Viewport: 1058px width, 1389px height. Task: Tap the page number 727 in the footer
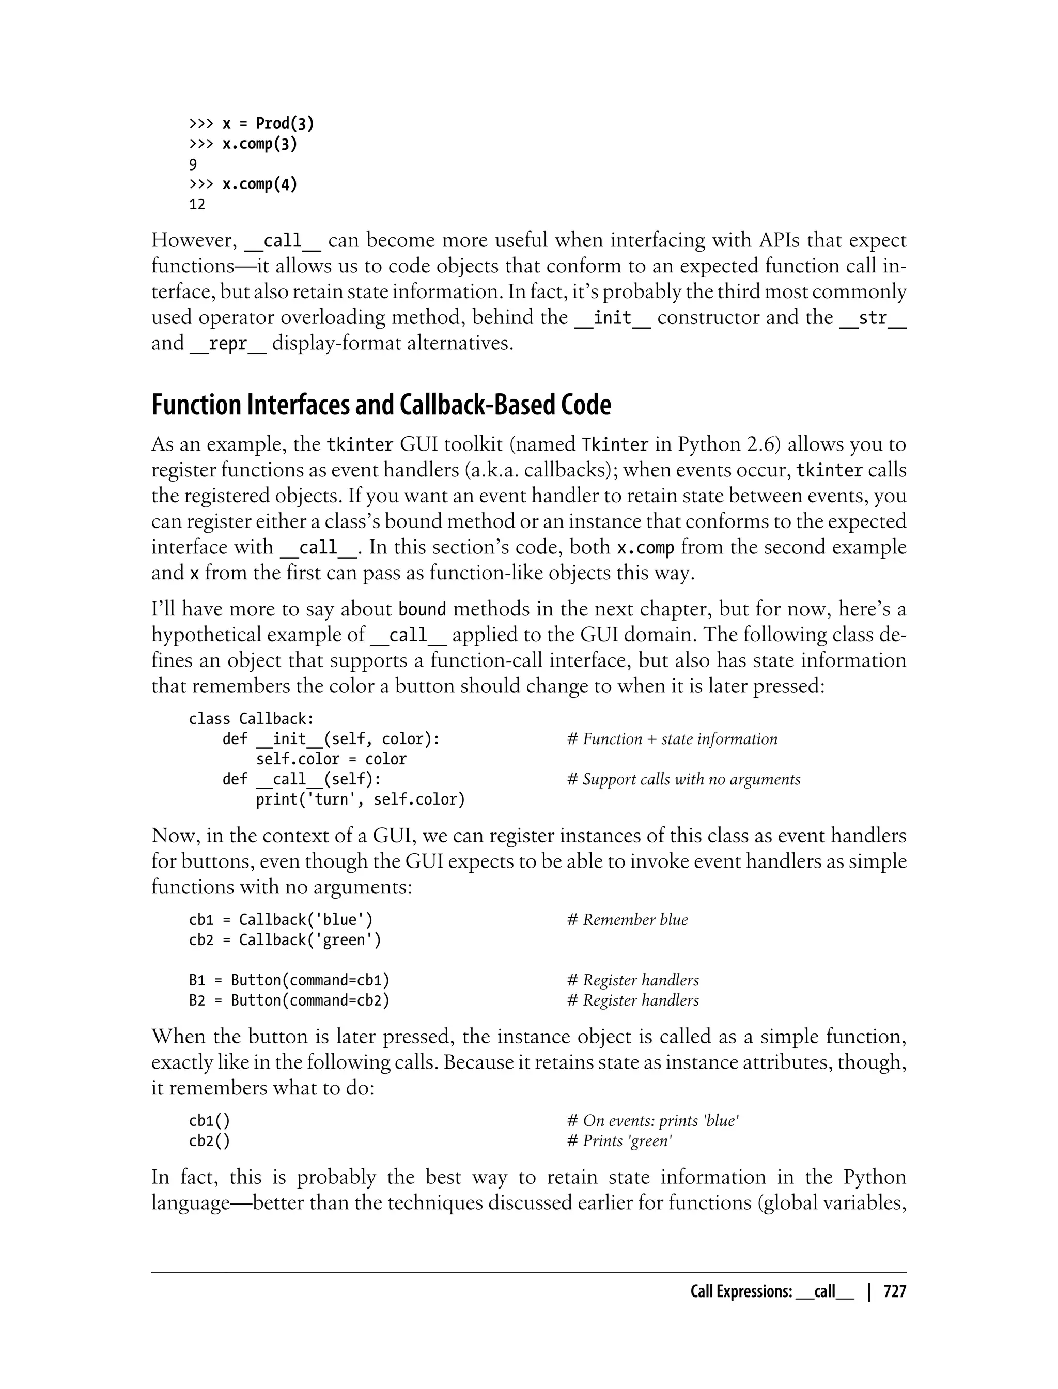[x=894, y=1292]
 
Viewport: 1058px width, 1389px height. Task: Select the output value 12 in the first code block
[x=197, y=205]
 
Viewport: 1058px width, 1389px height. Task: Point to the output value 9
[x=193, y=164]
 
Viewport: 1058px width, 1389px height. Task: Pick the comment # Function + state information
[x=672, y=739]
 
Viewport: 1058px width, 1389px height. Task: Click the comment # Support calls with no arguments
[x=683, y=779]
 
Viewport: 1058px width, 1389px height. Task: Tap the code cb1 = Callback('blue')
[x=285, y=920]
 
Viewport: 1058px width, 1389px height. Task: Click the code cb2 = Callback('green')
[x=285, y=940]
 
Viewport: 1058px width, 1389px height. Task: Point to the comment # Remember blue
[x=627, y=920]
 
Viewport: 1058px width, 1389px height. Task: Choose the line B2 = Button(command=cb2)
[x=289, y=1000]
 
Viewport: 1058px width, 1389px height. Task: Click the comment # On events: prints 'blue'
[x=652, y=1121]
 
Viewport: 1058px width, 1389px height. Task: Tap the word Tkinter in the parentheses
[x=615, y=445]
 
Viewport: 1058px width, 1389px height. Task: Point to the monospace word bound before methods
[x=423, y=610]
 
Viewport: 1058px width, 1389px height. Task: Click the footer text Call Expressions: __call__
[x=772, y=1292]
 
